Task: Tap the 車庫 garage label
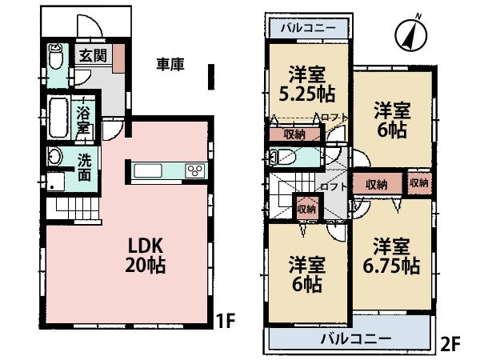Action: (x=170, y=65)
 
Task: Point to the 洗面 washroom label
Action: (x=84, y=165)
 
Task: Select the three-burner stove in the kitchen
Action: (x=194, y=170)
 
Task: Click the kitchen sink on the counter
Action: (x=150, y=170)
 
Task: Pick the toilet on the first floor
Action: (x=55, y=58)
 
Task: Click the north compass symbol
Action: (x=411, y=33)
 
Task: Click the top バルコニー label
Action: (x=307, y=28)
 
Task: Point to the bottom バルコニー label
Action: (x=355, y=338)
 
